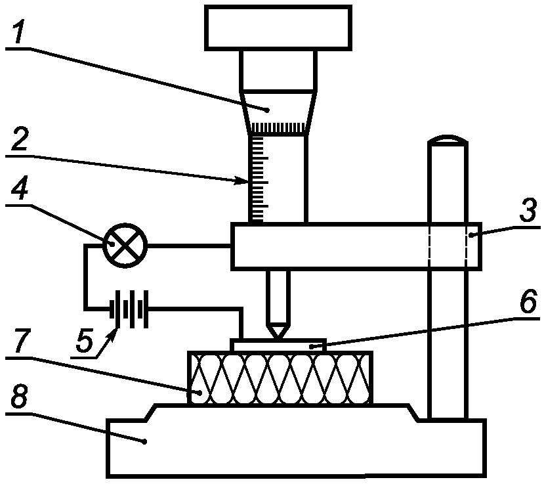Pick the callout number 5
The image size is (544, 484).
click(x=85, y=340)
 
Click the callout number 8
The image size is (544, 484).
click(x=19, y=397)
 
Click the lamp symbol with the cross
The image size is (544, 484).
click(x=125, y=246)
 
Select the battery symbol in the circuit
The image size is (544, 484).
click(x=129, y=309)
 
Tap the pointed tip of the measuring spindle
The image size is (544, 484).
click(x=278, y=338)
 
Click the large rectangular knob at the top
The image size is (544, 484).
click(x=278, y=28)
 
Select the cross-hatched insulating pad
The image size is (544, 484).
click(x=280, y=378)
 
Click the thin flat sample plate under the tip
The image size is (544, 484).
click(x=278, y=345)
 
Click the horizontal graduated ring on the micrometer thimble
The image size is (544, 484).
click(x=278, y=128)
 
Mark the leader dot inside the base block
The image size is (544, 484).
click(x=145, y=441)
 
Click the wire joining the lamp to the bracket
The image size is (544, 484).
click(x=189, y=246)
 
